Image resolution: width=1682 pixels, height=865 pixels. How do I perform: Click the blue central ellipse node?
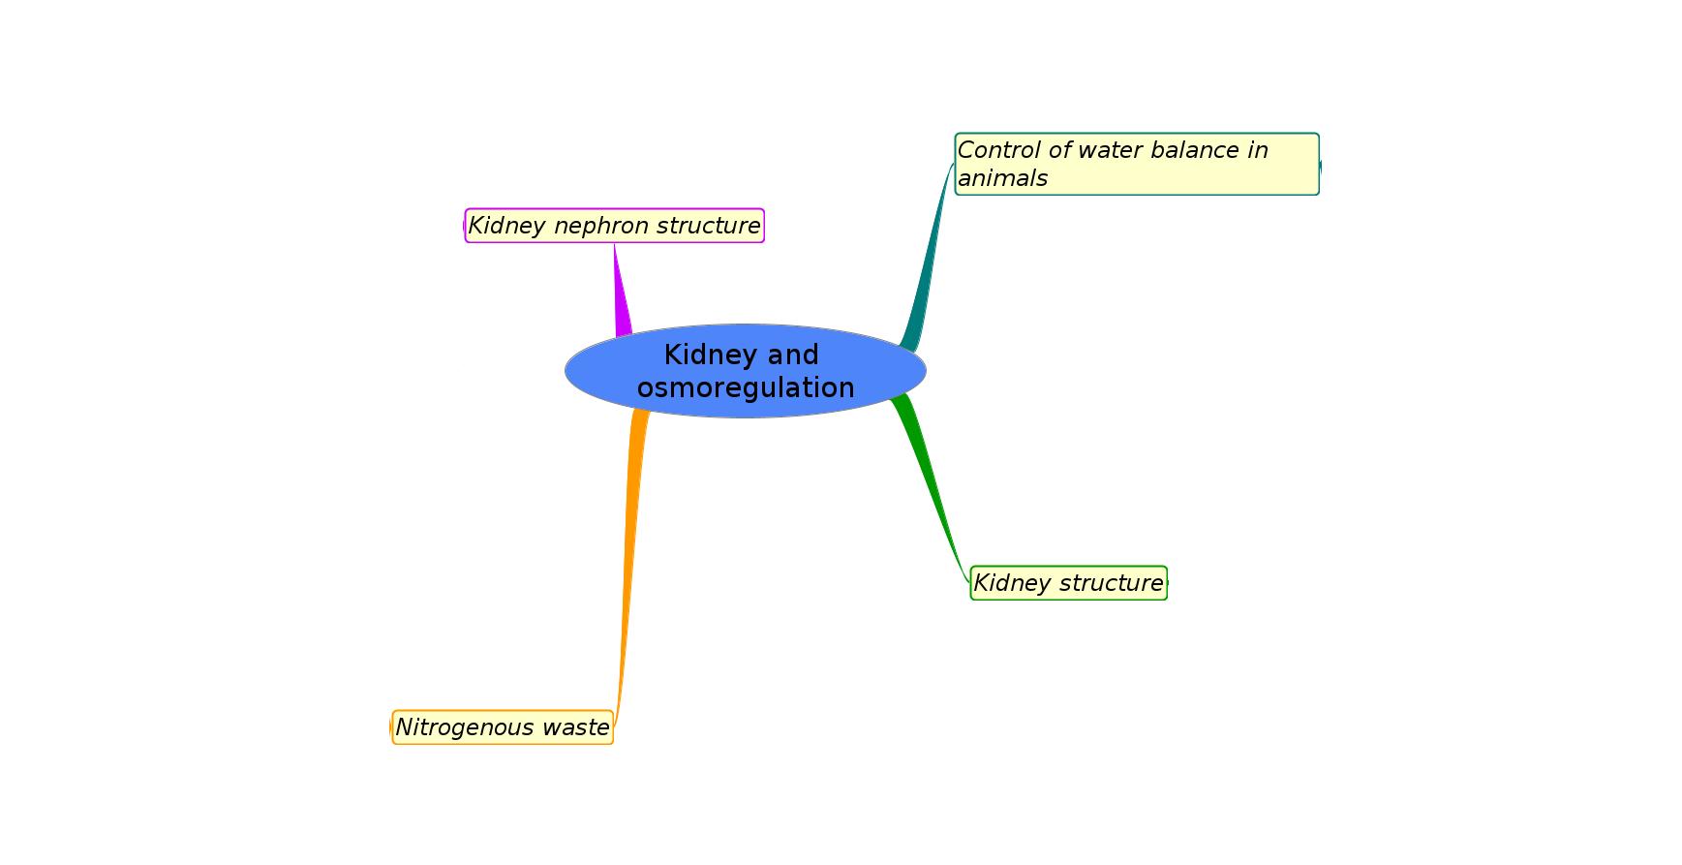[746, 371]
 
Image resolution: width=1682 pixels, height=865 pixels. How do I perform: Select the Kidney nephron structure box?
[615, 226]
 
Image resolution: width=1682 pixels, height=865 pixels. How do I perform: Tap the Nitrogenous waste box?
[503, 727]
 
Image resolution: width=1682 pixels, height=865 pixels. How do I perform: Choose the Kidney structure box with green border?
[1069, 583]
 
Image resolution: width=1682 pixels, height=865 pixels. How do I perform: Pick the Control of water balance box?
[1137, 165]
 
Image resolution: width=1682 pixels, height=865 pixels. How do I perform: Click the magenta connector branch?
[621, 291]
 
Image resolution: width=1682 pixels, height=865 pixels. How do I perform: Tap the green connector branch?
[930, 489]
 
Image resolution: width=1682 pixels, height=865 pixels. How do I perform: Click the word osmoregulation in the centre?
[746, 387]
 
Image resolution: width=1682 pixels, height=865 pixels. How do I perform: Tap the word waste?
[578, 727]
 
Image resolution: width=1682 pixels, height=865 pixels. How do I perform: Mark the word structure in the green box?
[1114, 583]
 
